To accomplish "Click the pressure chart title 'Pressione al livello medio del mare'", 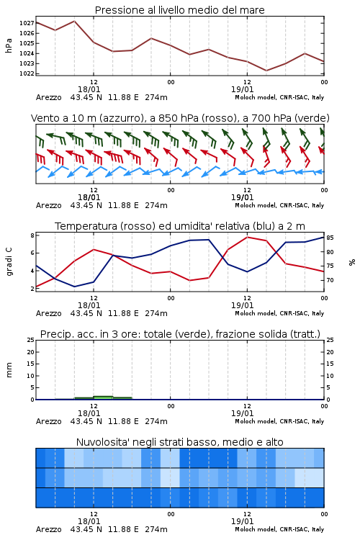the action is coord(179,10).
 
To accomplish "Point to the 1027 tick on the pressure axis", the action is coord(27,24).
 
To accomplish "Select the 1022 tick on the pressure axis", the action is coord(27,73).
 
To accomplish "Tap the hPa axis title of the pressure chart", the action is coord(9,45).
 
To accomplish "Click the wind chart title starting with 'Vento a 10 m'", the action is coord(180,118).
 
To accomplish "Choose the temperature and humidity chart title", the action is coord(180,226).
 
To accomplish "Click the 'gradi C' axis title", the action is coord(9,261).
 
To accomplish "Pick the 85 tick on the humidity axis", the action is coord(330,238).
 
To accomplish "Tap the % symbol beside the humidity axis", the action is coord(352,262).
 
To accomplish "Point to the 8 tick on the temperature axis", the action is coord(32,235).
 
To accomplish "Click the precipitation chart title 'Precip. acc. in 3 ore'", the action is coord(180,334).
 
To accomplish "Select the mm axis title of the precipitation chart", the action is coord(9,370).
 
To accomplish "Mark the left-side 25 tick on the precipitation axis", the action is coord(31,340).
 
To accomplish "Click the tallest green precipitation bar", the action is coord(104,397).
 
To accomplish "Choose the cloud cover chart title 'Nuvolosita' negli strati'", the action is coord(179,442).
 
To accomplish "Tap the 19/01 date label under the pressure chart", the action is coord(242,89).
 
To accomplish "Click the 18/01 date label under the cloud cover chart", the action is coord(89,521).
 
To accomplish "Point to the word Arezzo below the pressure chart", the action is coord(48,97).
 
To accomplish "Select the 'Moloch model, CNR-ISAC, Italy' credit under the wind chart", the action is coord(279,205).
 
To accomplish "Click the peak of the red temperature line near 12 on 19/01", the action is coord(247,237).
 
